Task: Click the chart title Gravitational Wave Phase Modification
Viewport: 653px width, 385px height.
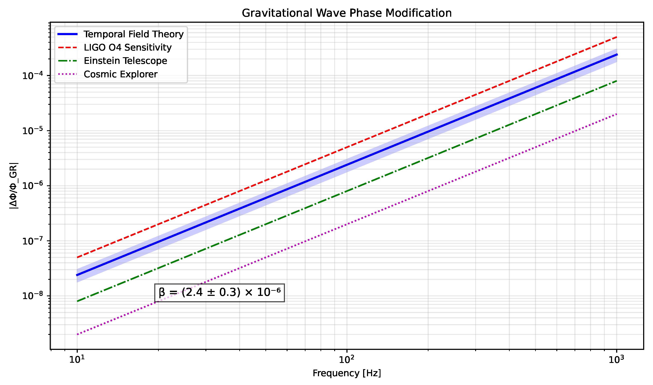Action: click(x=347, y=13)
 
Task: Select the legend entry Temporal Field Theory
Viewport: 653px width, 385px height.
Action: click(x=133, y=34)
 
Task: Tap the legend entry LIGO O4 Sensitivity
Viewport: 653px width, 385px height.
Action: click(x=127, y=48)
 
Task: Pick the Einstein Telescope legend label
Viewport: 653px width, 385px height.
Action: click(x=125, y=61)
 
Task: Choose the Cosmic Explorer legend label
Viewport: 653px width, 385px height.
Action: click(x=120, y=75)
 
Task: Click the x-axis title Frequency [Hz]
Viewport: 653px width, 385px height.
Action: click(x=347, y=373)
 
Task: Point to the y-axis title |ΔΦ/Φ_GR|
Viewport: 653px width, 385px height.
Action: click(x=13, y=186)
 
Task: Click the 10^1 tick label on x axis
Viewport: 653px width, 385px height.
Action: click(x=77, y=360)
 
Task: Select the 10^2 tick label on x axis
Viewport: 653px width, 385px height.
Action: click(x=347, y=360)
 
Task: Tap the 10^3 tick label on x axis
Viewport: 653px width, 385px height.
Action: click(x=616, y=360)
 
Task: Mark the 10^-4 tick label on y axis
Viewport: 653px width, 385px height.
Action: click(x=32, y=76)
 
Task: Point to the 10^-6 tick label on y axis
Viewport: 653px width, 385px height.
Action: click(x=32, y=186)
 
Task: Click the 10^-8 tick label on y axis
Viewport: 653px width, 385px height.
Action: click(x=32, y=296)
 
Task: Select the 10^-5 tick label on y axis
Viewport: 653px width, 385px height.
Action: click(x=32, y=131)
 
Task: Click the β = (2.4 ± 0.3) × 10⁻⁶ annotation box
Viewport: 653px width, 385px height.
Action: click(x=219, y=293)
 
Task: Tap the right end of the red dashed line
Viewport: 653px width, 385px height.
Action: click(x=616, y=37)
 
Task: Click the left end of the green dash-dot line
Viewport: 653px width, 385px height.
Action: click(x=77, y=301)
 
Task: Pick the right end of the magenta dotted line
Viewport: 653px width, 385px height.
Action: click(x=616, y=114)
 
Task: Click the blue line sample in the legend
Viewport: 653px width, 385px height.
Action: click(x=67, y=34)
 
